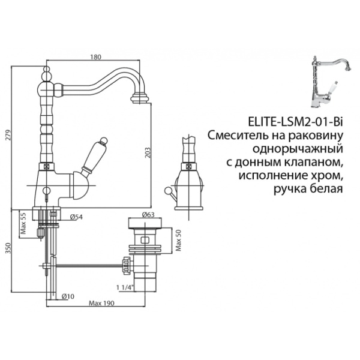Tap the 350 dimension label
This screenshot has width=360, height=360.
tap(7, 249)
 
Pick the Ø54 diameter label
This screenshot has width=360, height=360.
tap(76, 218)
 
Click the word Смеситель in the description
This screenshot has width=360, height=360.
tap(235, 133)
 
